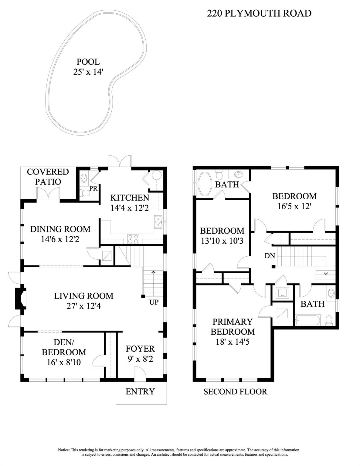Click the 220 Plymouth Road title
click(x=259, y=13)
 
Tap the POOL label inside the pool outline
click(x=88, y=62)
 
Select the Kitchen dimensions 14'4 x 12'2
click(x=130, y=208)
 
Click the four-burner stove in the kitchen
click(x=133, y=239)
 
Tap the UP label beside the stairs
click(x=154, y=302)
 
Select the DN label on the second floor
click(x=270, y=256)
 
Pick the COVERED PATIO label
click(x=48, y=177)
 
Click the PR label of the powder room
click(x=93, y=188)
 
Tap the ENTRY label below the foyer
click(x=140, y=391)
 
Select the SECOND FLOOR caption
click(x=235, y=392)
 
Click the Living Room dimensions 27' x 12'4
click(x=84, y=306)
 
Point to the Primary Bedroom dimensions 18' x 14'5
click(x=233, y=342)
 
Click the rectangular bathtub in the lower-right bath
click(x=308, y=320)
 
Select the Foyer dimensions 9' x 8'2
click(x=140, y=359)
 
